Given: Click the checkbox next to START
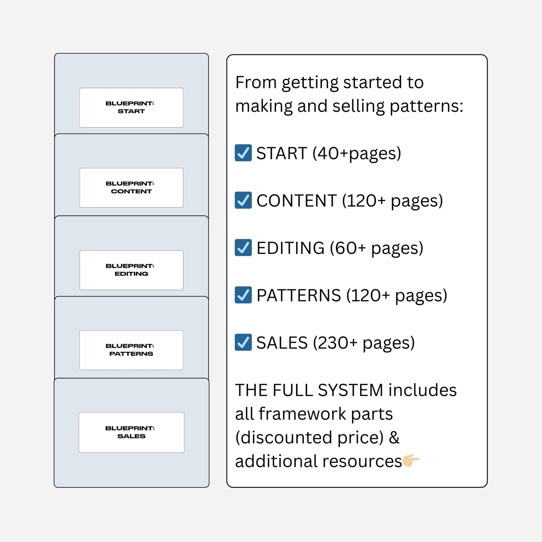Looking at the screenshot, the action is click(x=243, y=153).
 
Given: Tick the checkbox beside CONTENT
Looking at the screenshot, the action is click(x=243, y=200).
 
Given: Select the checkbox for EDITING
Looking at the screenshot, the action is click(x=243, y=248).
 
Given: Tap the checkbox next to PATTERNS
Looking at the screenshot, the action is click(x=243, y=295).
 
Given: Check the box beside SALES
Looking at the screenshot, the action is click(x=243, y=342).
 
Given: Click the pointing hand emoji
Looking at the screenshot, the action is click(x=411, y=460).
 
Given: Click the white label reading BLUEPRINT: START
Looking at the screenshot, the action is click(x=131, y=108).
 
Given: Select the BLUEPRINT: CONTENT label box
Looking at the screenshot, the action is click(x=131, y=188).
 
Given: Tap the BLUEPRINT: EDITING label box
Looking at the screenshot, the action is click(x=131, y=270).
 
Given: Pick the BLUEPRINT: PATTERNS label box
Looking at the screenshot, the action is click(x=131, y=350).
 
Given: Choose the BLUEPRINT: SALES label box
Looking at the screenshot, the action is click(x=131, y=432).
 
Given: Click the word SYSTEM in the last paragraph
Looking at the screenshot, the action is click(x=350, y=390).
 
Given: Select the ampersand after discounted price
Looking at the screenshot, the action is click(x=394, y=437).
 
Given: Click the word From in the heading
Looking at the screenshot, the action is click(x=256, y=83).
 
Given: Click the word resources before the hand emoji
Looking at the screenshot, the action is click(x=362, y=461).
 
